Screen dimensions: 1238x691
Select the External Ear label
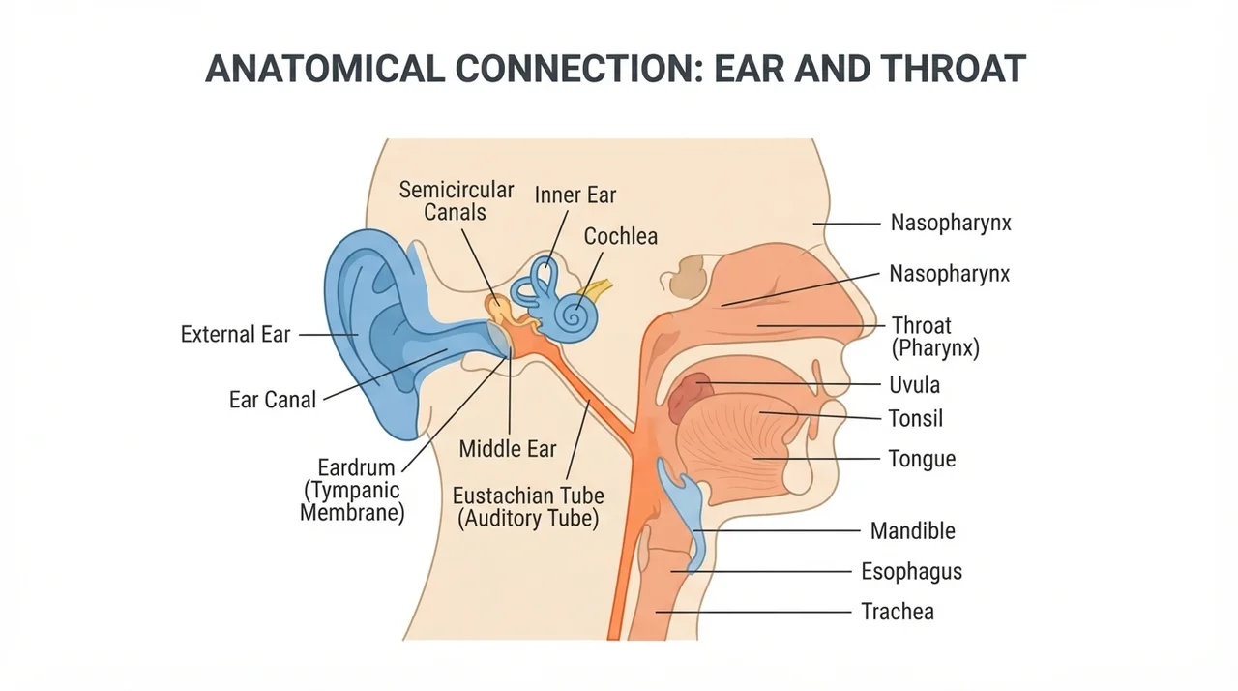[235, 335]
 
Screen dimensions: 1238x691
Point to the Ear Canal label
[273, 400]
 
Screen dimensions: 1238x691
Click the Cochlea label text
[621, 236]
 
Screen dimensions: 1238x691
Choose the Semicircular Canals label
[457, 201]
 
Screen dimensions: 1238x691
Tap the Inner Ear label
[575, 195]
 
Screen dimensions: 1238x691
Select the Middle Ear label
[508, 449]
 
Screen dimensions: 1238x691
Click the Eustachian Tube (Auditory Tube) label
[528, 507]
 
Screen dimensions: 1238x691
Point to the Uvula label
[914, 385]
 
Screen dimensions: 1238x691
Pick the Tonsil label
[915, 418]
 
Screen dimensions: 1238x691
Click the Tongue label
[922, 460]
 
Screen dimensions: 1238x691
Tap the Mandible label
[912, 531]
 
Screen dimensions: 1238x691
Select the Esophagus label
[911, 572]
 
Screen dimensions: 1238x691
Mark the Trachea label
[898, 612]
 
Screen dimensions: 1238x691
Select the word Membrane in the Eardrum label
[352, 513]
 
